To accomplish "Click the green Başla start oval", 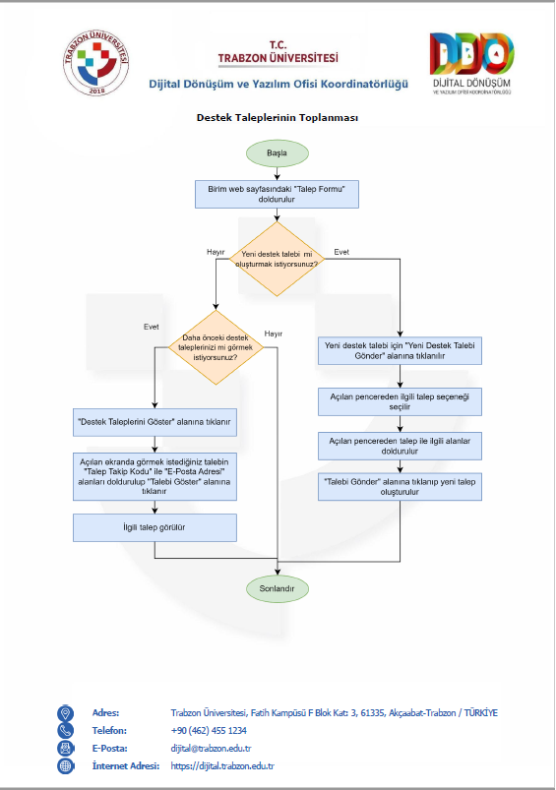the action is pyautogui.click(x=277, y=153).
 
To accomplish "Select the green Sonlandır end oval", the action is pyautogui.click(x=277, y=588).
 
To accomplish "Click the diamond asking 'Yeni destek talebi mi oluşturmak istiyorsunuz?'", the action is pyautogui.click(x=277, y=259).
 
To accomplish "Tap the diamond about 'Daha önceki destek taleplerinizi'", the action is pyautogui.click(x=216, y=347).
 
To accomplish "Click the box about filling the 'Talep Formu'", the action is pyautogui.click(x=277, y=194).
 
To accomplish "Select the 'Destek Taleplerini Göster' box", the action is pyautogui.click(x=154, y=422).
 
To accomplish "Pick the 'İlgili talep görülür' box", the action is pyautogui.click(x=154, y=527).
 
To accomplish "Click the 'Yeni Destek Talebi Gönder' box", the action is pyautogui.click(x=400, y=350).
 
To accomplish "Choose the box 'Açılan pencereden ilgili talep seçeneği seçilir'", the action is pyautogui.click(x=400, y=401).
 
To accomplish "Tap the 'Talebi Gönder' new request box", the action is pyautogui.click(x=400, y=487).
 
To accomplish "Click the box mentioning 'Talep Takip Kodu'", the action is pyautogui.click(x=154, y=476).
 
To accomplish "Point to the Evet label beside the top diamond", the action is pyautogui.click(x=341, y=252).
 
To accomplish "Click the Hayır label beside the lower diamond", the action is pyautogui.click(x=274, y=334).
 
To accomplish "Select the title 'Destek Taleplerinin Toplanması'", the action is pyautogui.click(x=278, y=117).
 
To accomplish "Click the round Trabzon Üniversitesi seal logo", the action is pyautogui.click(x=96, y=63).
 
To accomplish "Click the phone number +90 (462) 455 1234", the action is pyautogui.click(x=209, y=731).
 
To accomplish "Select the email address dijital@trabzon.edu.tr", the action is pyautogui.click(x=211, y=748).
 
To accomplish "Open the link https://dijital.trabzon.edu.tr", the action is pyautogui.click(x=222, y=765).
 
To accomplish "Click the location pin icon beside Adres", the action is pyautogui.click(x=66, y=713).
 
